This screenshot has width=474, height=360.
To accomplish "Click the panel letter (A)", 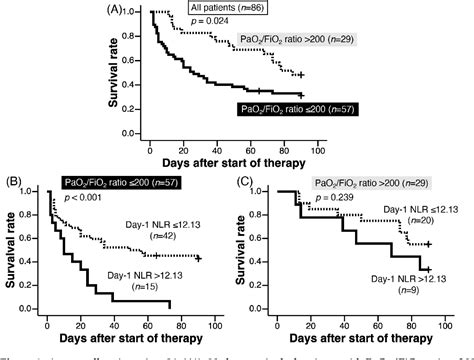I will (116, 12).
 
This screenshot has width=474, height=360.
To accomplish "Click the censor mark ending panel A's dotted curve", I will (301, 74).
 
